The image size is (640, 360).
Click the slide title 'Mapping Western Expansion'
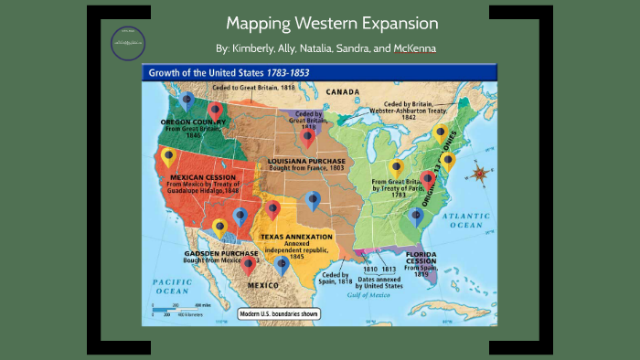pyautogui.click(x=319, y=24)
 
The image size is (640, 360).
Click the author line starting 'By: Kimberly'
pyautogui.click(x=319, y=48)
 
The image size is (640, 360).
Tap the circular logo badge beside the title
pyautogui.click(x=127, y=41)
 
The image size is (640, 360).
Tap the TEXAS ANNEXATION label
pyautogui.click(x=297, y=237)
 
